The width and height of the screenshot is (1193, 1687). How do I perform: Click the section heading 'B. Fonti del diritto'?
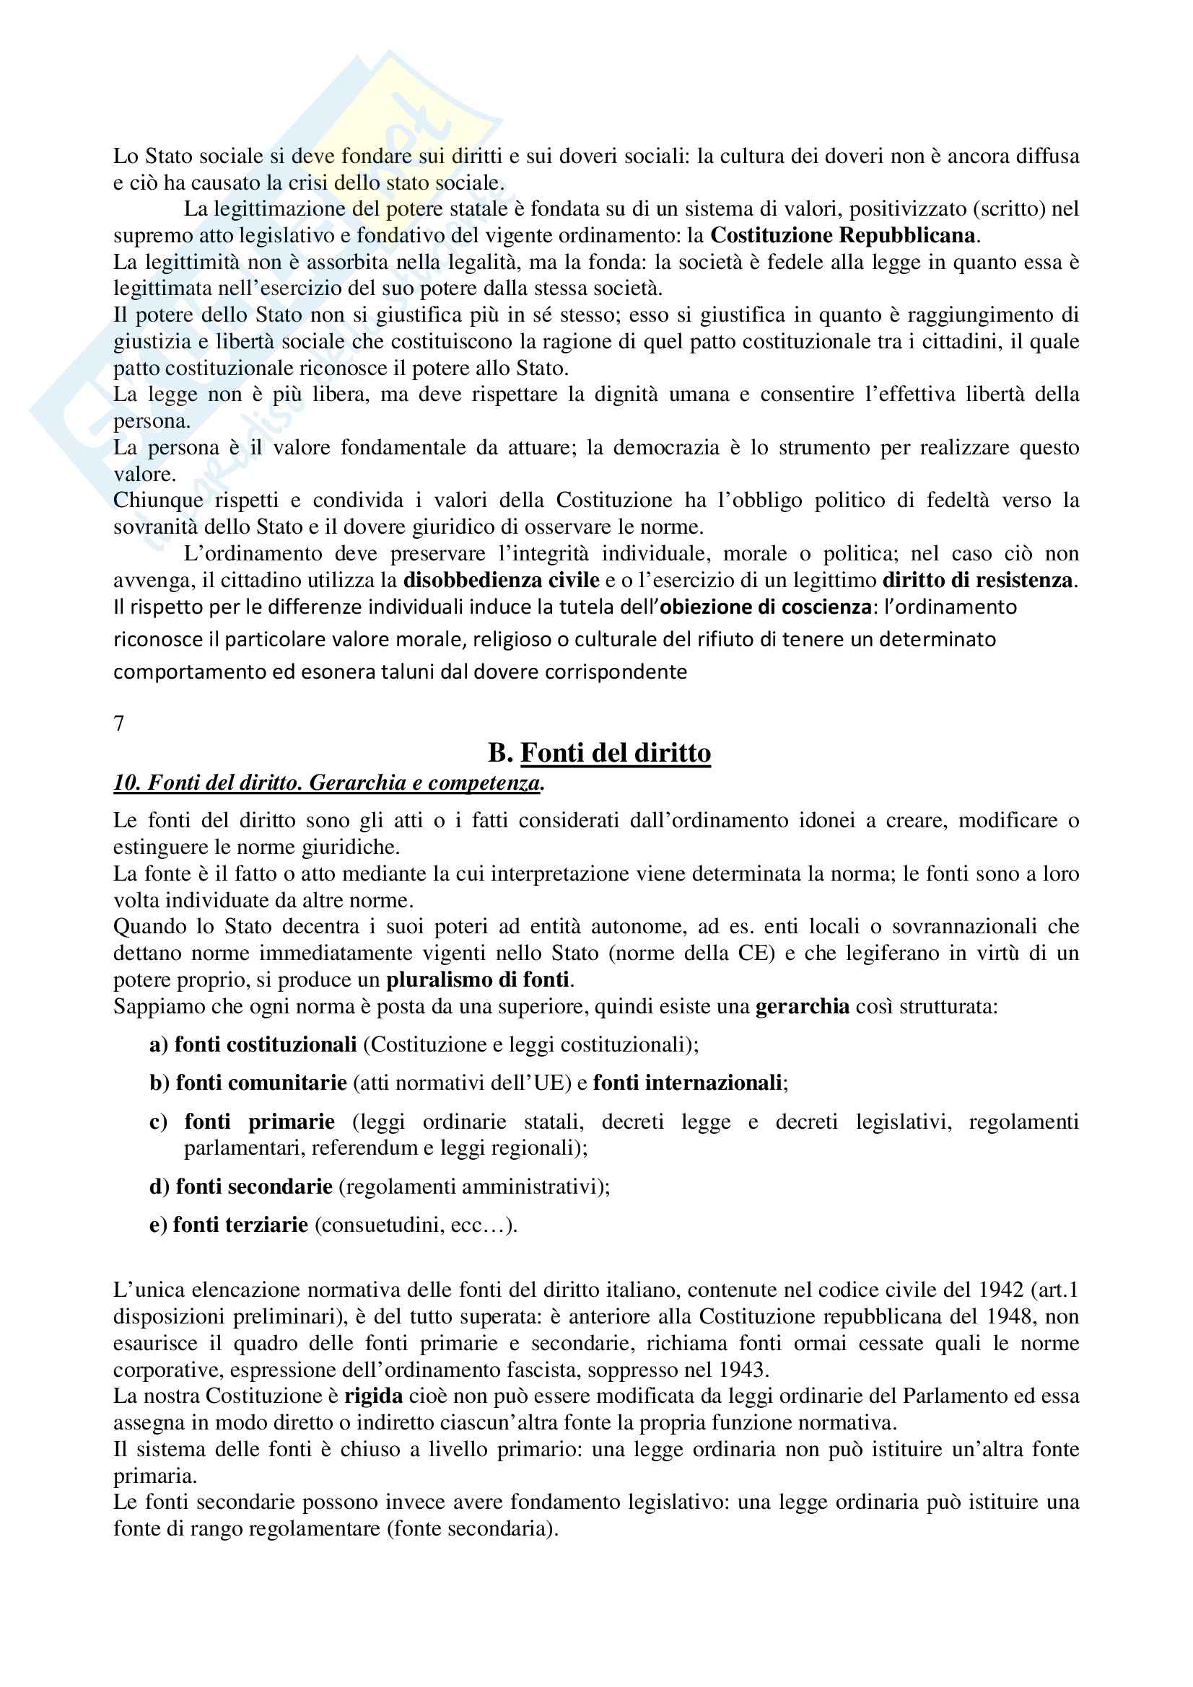[599, 753]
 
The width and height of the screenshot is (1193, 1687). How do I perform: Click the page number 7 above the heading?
[119, 723]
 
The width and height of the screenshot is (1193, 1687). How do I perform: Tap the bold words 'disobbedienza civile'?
[502, 581]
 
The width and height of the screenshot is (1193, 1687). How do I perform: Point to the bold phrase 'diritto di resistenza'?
[978, 581]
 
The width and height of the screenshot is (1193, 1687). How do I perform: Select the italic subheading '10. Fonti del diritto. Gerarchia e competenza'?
[328, 783]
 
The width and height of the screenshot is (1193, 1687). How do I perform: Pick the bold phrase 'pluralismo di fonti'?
[478, 979]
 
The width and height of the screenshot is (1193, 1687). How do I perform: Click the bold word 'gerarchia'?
[803, 1006]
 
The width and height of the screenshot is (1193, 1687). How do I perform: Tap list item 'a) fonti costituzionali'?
[253, 1044]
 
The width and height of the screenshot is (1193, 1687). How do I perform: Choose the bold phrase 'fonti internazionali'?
[688, 1083]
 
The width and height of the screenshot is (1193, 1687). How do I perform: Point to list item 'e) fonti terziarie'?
[229, 1225]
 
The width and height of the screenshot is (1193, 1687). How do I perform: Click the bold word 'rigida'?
[373, 1396]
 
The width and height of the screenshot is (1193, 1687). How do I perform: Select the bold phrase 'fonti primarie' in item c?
[260, 1122]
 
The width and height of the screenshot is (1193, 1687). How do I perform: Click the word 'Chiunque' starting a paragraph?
[158, 501]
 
